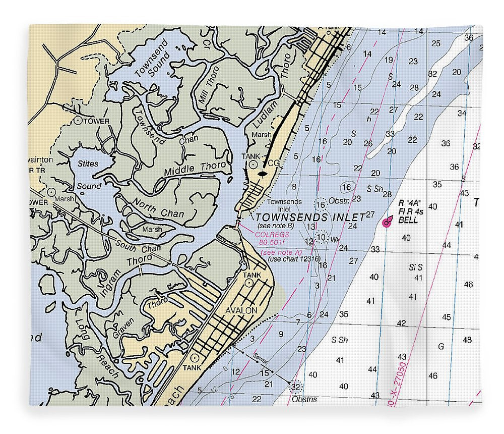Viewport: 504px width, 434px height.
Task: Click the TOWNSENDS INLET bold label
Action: (310, 217)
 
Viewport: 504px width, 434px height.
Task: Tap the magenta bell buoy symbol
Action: (387, 222)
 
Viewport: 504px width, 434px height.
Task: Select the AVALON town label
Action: (241, 310)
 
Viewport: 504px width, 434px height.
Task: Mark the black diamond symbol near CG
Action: (262, 174)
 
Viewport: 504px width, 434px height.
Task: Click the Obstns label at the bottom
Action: (304, 399)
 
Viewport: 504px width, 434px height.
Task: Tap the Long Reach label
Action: (98, 348)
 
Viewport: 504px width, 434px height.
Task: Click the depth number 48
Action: (467, 340)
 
